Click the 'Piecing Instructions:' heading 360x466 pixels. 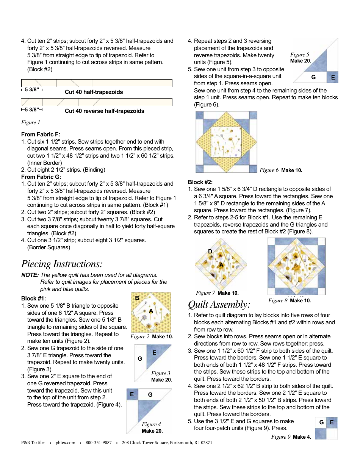click(62, 264)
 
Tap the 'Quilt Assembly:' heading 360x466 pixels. click(219, 304)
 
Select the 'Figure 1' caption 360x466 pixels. click(31, 122)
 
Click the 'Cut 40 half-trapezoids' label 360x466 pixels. click(94, 92)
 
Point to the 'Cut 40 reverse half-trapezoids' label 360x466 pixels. click(104, 111)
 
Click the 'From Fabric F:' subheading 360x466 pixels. click(41, 134)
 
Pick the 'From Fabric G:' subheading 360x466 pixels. click(41, 177)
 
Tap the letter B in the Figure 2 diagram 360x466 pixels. click(137, 298)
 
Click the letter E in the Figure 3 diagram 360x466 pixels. click(154, 352)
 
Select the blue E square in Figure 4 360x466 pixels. click(132, 394)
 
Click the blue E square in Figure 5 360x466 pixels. click(333, 77)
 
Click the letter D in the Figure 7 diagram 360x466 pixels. click(210, 252)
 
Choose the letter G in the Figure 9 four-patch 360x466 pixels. click(321, 422)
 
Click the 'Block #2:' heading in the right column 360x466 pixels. click(200, 182)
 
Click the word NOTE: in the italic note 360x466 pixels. click(30, 275)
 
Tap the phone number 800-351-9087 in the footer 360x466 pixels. click(99, 443)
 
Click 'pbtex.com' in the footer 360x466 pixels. click(66, 443)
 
